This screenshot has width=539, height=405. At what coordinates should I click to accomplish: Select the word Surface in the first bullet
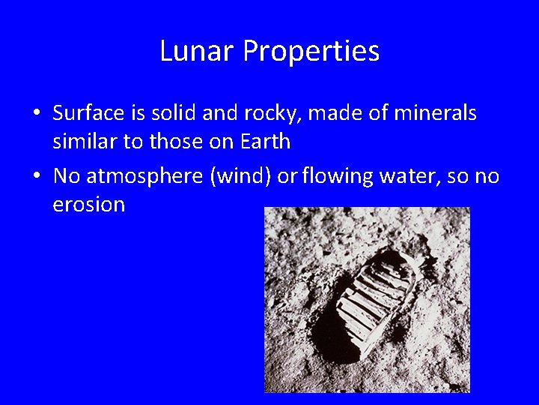88,114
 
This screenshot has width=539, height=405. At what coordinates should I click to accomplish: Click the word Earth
267,141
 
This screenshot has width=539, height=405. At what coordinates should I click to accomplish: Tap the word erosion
89,205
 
